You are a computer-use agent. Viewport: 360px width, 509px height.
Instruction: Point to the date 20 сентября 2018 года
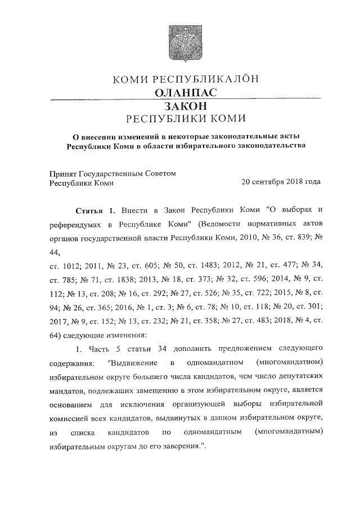coord(281,182)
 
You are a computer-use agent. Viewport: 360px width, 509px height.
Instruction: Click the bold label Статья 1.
coord(95,210)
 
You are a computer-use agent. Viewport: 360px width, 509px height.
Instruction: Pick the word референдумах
coord(78,224)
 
